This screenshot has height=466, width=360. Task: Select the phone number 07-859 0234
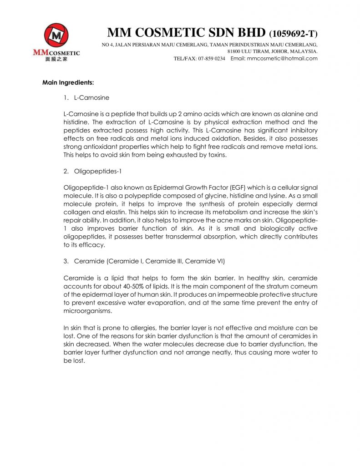coord(212,58)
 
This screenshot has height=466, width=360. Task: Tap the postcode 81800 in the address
coord(235,51)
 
